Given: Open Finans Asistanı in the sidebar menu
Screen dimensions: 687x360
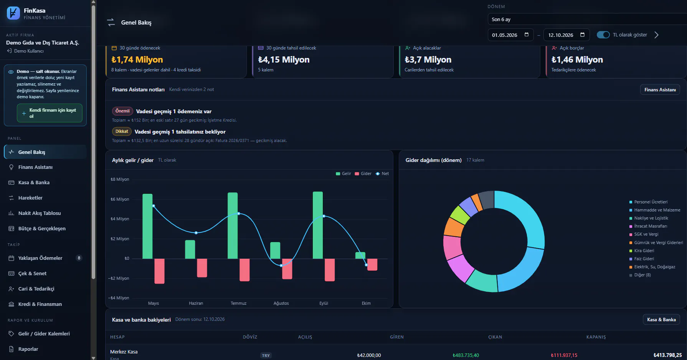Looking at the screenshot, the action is [x=35, y=167].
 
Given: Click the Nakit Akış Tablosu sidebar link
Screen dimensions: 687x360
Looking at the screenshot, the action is [x=40, y=213].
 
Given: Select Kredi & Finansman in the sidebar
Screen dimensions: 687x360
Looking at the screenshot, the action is [x=40, y=304].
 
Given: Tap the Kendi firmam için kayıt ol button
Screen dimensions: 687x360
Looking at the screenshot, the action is [x=50, y=113].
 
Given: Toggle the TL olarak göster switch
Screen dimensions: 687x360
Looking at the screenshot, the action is [x=603, y=35].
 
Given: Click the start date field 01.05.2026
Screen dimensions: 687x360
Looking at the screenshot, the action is [x=510, y=35].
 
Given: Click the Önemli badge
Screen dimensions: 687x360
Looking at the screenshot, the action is [x=122, y=111].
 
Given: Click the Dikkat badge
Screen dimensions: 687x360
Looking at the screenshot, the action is [x=122, y=132].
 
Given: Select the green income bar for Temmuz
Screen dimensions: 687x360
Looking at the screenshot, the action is [x=233, y=226].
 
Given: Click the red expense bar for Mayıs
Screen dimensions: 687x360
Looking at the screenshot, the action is [x=159, y=271].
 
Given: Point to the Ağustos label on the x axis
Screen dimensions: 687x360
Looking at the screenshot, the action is [x=281, y=303].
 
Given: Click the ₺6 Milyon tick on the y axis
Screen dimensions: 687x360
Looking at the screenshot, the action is [x=120, y=199].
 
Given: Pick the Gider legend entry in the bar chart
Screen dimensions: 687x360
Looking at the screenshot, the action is [x=363, y=174].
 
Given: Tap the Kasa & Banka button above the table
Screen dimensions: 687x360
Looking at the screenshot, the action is [x=661, y=320].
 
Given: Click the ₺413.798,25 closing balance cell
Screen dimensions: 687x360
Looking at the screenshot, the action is [x=667, y=355].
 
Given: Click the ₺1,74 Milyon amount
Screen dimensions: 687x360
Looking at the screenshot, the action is [x=137, y=60].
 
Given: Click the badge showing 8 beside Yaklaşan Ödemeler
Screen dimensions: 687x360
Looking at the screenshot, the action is [x=79, y=258].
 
